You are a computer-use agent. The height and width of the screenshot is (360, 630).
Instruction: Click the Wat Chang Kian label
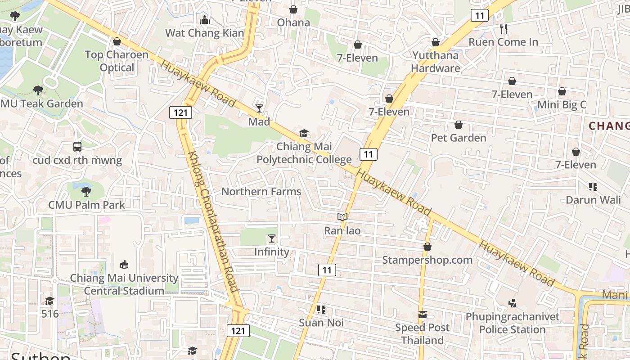[205, 33]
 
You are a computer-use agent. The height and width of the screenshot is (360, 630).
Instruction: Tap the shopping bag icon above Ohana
[293, 9]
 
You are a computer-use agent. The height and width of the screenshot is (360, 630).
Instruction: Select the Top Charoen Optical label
[117, 61]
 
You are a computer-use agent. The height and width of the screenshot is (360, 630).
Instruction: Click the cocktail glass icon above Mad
[259, 108]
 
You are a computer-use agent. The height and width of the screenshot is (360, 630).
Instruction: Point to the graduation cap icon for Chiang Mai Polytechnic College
[304, 134]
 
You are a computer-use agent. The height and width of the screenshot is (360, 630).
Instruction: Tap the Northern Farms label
[261, 192]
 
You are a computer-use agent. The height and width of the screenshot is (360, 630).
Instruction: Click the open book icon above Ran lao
[342, 217]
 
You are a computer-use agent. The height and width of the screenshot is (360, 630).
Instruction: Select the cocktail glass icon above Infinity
[272, 238]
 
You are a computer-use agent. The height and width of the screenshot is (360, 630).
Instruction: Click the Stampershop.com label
[427, 260]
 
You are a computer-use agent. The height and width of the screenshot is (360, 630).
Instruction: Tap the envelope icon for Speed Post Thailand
[423, 315]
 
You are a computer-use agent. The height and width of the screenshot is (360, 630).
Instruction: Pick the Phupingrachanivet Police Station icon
[512, 304]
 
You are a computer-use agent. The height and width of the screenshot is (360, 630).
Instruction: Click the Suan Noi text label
[321, 323]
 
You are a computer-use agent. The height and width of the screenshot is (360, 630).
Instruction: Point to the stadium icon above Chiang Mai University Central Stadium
[124, 264]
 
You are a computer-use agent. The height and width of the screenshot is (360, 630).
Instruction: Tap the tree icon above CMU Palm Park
[86, 192]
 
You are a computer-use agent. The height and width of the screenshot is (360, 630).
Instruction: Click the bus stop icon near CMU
[77, 147]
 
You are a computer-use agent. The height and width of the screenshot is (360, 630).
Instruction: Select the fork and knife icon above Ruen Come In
[504, 29]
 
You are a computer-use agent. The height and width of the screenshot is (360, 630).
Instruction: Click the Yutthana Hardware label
[435, 62]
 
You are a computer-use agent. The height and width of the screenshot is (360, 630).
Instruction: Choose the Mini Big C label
[562, 105]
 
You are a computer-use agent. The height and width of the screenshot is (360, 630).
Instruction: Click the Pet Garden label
[459, 138]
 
